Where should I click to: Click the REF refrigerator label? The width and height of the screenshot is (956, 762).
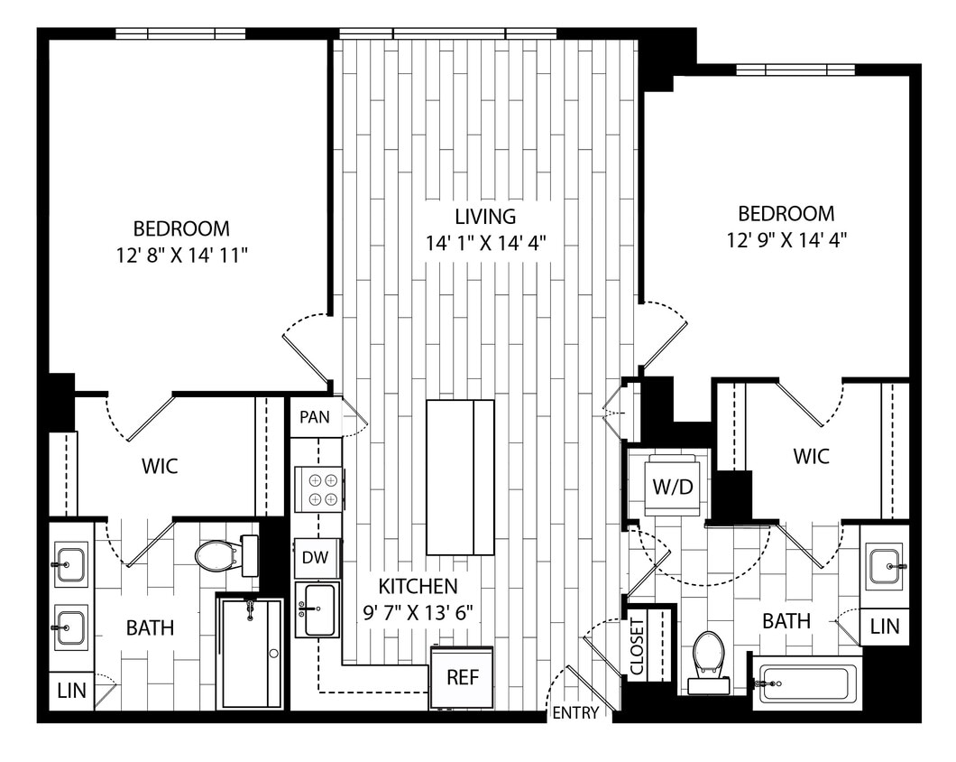click(462, 678)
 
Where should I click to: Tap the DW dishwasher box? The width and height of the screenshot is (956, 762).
click(316, 558)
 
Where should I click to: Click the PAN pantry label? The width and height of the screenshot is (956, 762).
click(316, 417)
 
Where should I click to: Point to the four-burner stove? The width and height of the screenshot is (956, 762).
click(318, 488)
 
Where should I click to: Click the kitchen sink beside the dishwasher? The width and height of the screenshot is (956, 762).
click(317, 610)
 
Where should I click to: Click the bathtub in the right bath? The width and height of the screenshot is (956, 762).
click(805, 684)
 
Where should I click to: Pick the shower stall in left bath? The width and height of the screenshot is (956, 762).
click(250, 652)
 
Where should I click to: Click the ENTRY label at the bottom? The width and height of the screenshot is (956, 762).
click(575, 713)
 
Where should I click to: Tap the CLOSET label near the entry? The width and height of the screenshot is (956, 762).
click(638, 646)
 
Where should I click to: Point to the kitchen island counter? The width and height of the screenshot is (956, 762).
click(460, 478)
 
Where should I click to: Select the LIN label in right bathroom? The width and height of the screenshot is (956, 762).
click(884, 627)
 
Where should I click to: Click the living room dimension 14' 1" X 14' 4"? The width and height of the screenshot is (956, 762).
click(486, 243)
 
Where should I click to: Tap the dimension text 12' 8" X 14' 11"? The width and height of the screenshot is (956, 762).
click(181, 256)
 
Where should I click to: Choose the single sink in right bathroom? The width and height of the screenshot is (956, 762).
click(883, 566)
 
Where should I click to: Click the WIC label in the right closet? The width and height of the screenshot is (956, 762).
click(811, 457)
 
